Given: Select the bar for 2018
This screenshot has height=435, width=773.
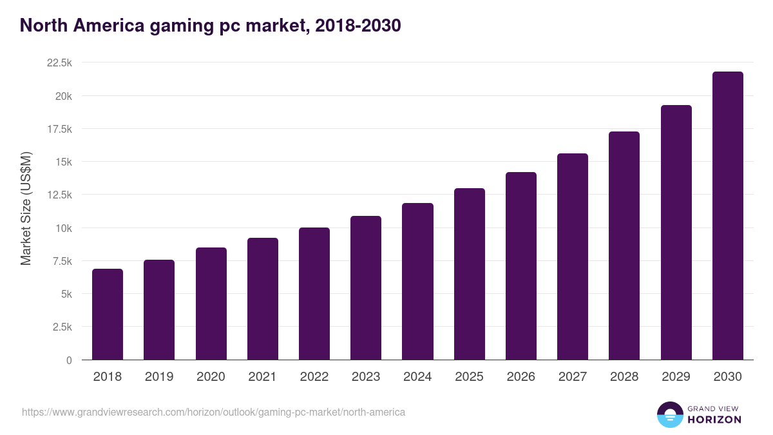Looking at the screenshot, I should (108, 314).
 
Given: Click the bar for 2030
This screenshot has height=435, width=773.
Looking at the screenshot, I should (727, 216).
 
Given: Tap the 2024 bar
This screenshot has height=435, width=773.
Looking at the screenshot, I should (417, 282).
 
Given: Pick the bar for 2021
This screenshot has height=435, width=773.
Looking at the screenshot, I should (262, 299).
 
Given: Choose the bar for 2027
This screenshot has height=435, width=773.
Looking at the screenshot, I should (572, 256).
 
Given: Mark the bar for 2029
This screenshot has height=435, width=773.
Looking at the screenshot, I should (676, 233).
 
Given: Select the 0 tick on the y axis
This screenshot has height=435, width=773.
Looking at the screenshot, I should (69, 360).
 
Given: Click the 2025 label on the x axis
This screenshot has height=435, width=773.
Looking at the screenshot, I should (469, 377).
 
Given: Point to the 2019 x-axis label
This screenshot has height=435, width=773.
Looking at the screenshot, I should (159, 377).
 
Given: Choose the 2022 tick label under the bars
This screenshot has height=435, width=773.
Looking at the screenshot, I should (314, 377).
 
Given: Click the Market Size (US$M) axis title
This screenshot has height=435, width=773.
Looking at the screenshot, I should (26, 208).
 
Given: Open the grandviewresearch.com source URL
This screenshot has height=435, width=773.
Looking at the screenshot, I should (213, 412).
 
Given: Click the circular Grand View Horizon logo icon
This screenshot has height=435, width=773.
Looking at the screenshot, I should (670, 414).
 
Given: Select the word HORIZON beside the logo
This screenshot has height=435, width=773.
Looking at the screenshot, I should (715, 420).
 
